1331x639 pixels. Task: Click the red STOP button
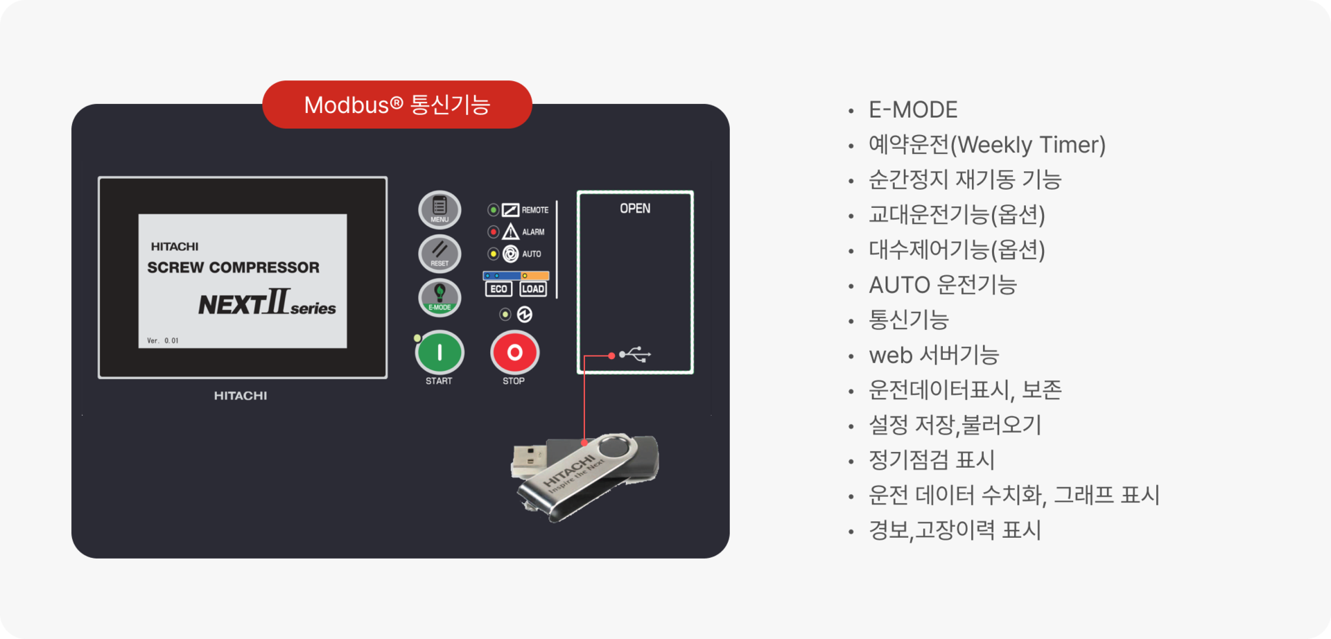(x=514, y=353)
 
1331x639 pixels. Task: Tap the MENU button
(x=440, y=209)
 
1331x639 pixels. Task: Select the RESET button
(x=440, y=254)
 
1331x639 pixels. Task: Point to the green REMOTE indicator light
(x=493, y=209)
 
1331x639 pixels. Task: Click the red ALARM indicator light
(x=493, y=231)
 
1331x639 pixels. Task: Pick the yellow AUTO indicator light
(x=493, y=254)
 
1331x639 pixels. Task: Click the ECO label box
(x=498, y=289)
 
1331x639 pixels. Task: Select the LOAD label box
(x=533, y=289)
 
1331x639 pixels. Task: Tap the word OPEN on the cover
(x=635, y=209)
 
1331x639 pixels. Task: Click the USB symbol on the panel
(x=635, y=355)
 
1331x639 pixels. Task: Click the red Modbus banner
(x=397, y=105)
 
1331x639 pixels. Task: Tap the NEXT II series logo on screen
(x=267, y=303)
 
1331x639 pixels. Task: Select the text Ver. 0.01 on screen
(x=163, y=340)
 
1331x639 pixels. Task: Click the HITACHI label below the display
(x=241, y=396)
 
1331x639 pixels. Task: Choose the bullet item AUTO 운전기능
(x=943, y=285)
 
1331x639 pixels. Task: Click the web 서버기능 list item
(x=934, y=355)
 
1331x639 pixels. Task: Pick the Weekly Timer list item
(x=987, y=145)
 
